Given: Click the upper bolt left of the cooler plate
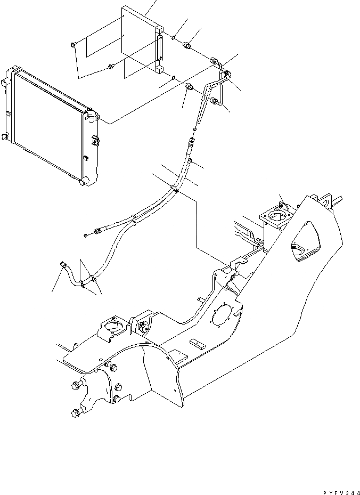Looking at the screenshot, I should click(73, 45).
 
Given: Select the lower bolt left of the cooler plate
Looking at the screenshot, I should click(111, 66).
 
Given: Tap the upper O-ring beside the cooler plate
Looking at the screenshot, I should click(174, 37).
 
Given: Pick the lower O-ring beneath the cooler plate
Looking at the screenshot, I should click(175, 77).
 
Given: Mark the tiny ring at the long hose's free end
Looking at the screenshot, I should click(86, 235).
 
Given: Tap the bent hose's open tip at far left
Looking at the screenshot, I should click(62, 262).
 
